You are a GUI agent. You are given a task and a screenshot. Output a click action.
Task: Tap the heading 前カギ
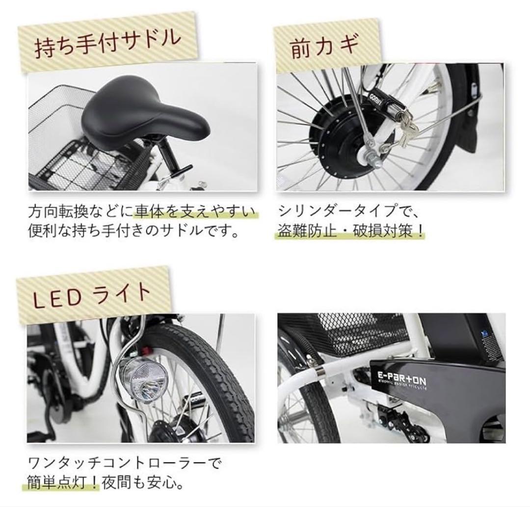click(x=324, y=48)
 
